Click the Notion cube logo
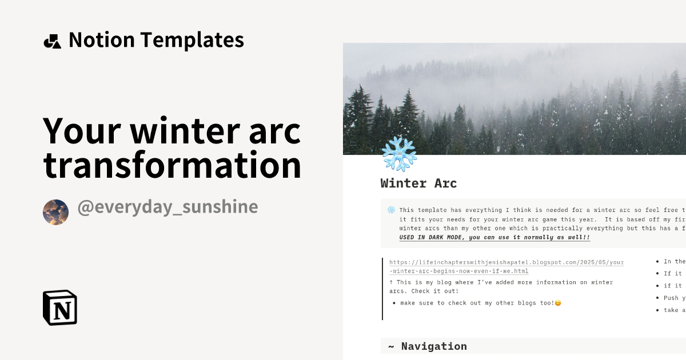click(59, 307)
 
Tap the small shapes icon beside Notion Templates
click(52, 41)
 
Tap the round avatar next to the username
click(55, 212)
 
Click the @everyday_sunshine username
click(167, 207)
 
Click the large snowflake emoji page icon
click(399, 153)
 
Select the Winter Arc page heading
click(418, 183)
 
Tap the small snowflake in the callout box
click(391, 210)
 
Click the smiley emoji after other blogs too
click(558, 303)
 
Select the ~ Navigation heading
click(428, 346)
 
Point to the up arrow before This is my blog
click(392, 282)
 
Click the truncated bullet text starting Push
click(672, 298)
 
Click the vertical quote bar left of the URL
click(382, 289)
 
